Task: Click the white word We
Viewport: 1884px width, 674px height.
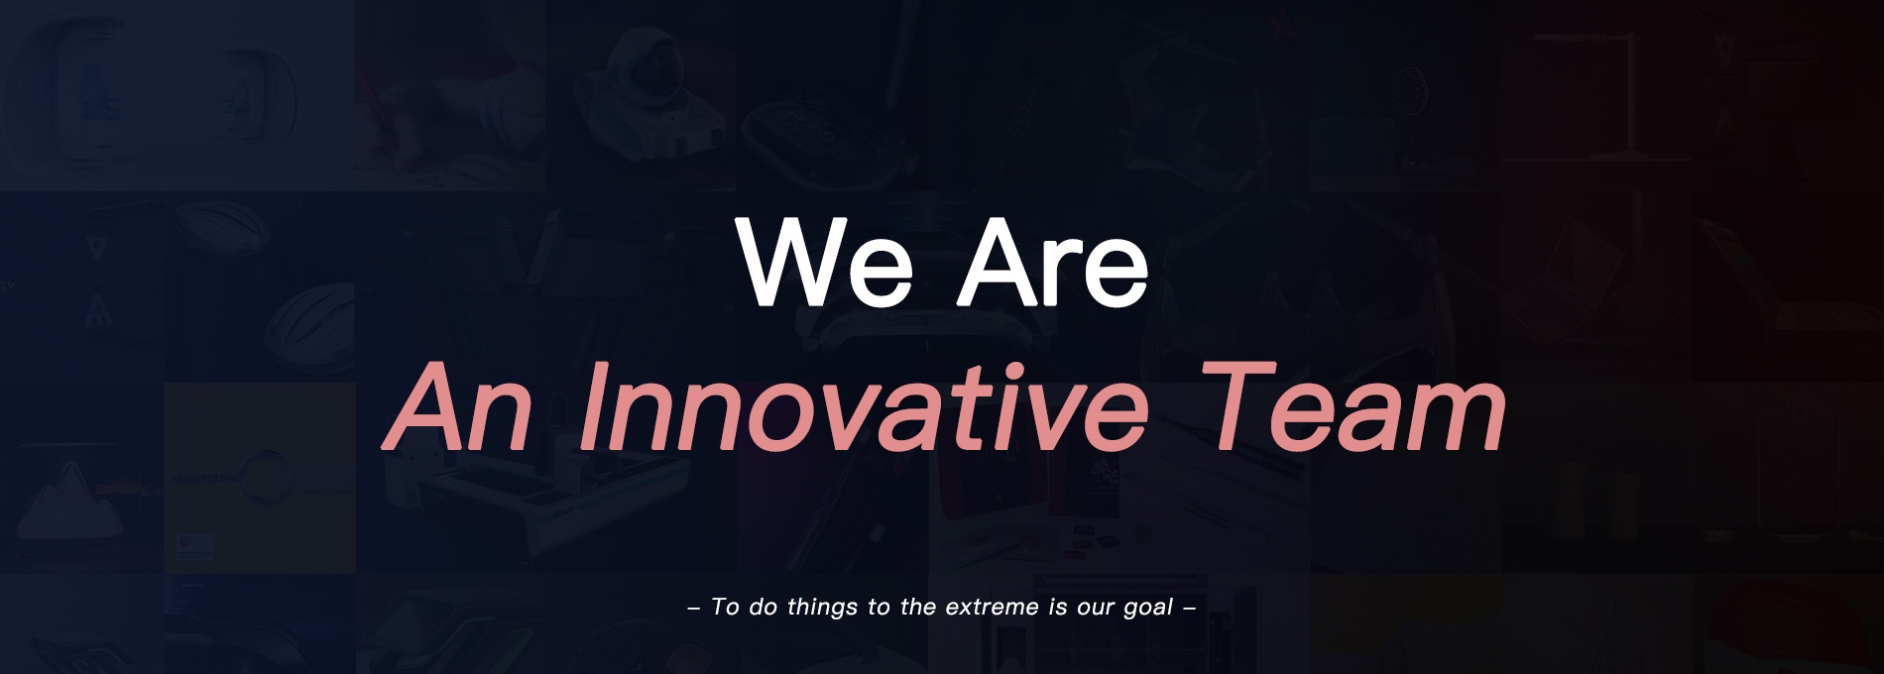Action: coord(824,261)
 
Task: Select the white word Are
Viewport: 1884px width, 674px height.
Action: coord(1053,261)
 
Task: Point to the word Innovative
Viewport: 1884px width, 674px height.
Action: coord(864,406)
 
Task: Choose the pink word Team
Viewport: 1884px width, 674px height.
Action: coord(1353,406)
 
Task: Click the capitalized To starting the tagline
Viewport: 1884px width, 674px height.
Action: coord(725,607)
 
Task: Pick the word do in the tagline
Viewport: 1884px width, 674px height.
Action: coord(764,607)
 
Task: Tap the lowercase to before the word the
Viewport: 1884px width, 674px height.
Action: coord(879,608)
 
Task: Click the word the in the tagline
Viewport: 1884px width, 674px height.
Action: coord(917,607)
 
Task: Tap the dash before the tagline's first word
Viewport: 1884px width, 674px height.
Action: coord(694,608)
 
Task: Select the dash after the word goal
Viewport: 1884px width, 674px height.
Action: coord(1190,608)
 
